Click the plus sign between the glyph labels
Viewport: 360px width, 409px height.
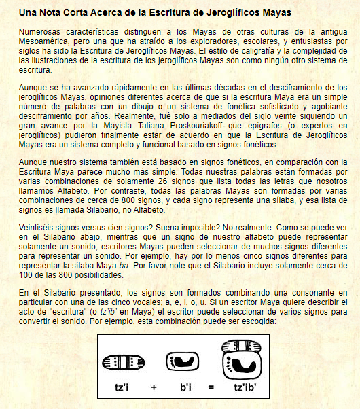point(154,387)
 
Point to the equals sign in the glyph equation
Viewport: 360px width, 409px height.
point(211,387)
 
